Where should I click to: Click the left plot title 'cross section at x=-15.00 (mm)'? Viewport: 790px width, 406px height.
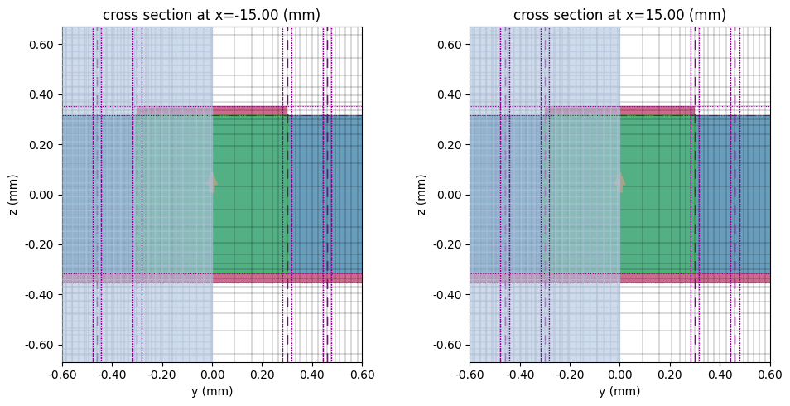click(x=211, y=15)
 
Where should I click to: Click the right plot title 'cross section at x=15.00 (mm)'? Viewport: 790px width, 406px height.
click(x=619, y=15)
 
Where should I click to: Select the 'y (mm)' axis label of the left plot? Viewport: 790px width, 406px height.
click(x=212, y=391)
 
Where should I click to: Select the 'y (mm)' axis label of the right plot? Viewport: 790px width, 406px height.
click(x=619, y=391)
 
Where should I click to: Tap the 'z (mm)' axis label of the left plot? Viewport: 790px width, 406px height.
click(x=13, y=195)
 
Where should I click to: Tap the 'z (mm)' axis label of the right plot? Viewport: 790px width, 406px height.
click(x=421, y=195)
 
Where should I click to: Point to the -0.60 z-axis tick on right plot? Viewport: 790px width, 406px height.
click(x=449, y=345)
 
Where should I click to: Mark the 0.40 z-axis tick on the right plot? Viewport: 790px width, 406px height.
click(x=450, y=94)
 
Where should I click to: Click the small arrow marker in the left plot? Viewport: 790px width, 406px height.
click(x=212, y=181)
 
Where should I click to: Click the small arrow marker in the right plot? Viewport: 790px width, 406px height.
click(x=619, y=181)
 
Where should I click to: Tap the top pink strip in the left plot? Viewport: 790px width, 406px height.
click(x=248, y=110)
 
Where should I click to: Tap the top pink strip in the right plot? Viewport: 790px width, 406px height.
click(x=656, y=110)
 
